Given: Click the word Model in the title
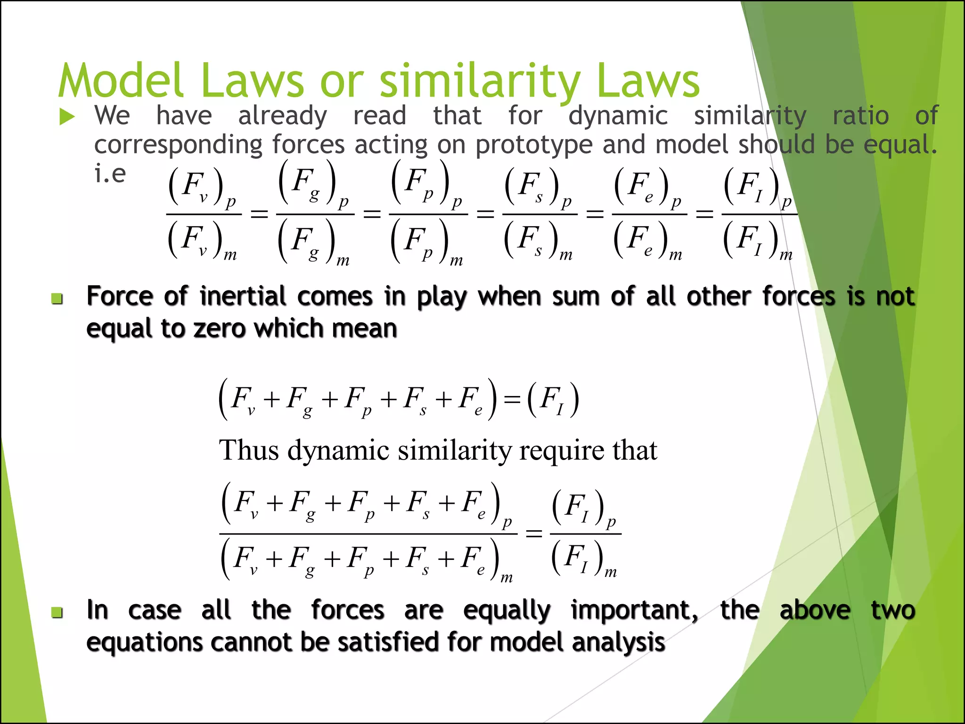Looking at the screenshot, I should point(121,81).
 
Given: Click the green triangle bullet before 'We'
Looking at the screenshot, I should point(67,117).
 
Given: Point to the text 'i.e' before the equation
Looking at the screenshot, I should point(110,173).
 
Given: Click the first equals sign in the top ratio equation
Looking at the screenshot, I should point(259,215).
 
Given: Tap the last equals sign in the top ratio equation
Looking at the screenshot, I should point(704,215).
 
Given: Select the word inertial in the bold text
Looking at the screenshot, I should point(242,296).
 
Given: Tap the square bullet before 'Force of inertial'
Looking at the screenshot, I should point(57,298).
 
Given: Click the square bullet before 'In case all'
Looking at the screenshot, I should point(57,612).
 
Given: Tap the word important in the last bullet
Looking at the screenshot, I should point(634,610).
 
